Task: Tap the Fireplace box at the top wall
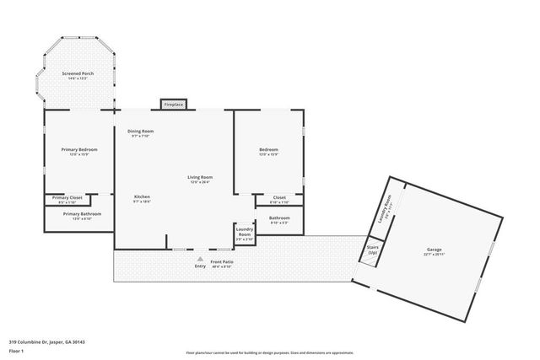pyautogui.click(x=174, y=105)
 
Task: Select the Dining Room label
pyautogui.click(x=141, y=131)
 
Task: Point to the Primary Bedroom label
pyautogui.click(x=79, y=149)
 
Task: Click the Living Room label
pyautogui.click(x=198, y=176)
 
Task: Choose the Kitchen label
pyautogui.click(x=141, y=196)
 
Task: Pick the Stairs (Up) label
pyautogui.click(x=372, y=250)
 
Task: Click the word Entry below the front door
pyautogui.click(x=200, y=266)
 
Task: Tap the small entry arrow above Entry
pyautogui.click(x=200, y=259)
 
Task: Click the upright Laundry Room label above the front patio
pyautogui.click(x=245, y=230)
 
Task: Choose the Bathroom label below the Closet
pyautogui.click(x=279, y=218)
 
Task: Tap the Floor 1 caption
pyautogui.click(x=16, y=352)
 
